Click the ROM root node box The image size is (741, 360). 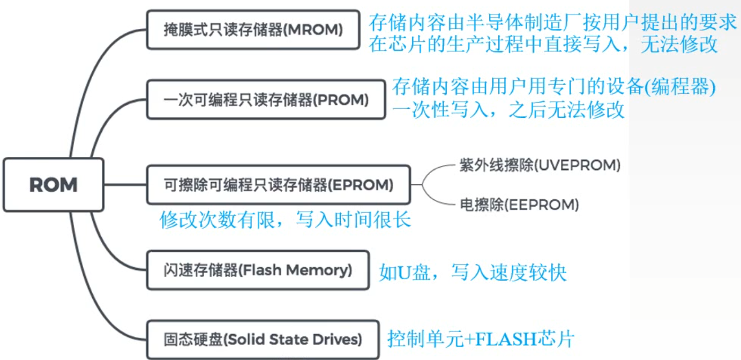[x=53, y=185]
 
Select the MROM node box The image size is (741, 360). [x=253, y=30]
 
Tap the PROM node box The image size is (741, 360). [x=266, y=100]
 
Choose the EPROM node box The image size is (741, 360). [x=279, y=185]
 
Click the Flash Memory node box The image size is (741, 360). [x=258, y=270]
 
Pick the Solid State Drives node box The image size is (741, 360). [x=263, y=339]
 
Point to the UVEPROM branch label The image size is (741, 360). [x=540, y=166]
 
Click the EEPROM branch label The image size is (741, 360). [x=519, y=205]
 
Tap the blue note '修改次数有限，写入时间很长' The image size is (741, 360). [x=285, y=220]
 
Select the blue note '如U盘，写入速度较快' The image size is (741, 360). [x=472, y=273]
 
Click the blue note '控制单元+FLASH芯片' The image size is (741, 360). [x=481, y=339]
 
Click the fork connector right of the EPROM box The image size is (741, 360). [x=423, y=185]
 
